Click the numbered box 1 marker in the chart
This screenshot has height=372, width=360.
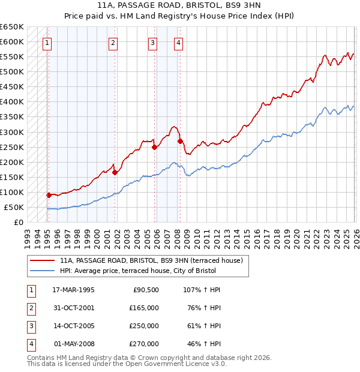click(x=47, y=43)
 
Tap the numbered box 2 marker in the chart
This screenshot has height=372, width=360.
click(x=113, y=43)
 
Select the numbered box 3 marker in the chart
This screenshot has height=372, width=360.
click(x=153, y=43)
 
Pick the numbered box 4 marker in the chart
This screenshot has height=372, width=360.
click(x=179, y=43)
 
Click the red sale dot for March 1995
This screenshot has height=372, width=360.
click(x=49, y=195)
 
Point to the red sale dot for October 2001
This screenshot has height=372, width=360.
click(x=115, y=172)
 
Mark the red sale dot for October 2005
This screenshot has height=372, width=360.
click(x=154, y=147)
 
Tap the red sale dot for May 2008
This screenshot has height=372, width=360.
click(x=180, y=141)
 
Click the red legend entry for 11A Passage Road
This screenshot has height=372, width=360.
click(x=151, y=260)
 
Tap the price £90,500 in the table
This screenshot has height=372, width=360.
click(x=146, y=289)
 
